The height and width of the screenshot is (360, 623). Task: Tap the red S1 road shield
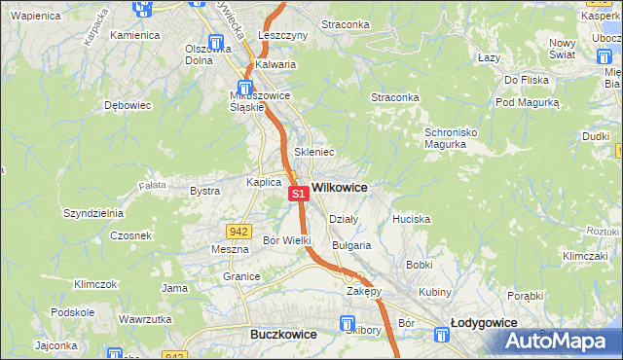pos(299,195)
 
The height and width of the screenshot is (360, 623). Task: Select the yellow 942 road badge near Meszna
pos(238,232)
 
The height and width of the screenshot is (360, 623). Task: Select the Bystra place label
pos(204,191)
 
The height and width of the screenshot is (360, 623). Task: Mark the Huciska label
pos(411,219)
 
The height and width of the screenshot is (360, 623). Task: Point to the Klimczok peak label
pos(95,284)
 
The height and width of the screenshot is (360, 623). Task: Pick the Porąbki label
pos(525,295)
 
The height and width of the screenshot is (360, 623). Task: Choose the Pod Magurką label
pos(527,101)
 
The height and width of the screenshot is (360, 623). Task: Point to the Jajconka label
pos(55,345)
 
